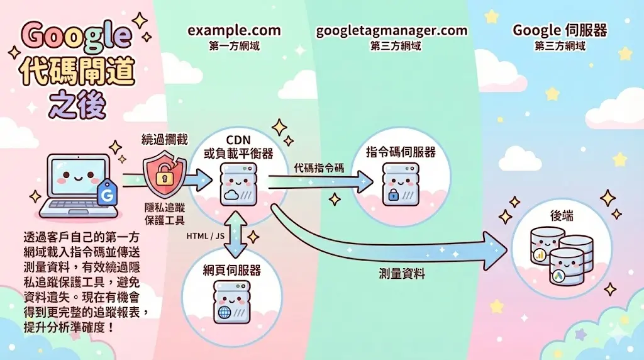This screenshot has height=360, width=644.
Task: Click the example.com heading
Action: tap(234, 30)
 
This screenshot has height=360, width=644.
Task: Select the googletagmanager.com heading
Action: tap(392, 30)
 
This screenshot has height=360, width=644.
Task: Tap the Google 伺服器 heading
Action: tap(551, 30)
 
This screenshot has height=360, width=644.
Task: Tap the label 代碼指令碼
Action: tap(319, 168)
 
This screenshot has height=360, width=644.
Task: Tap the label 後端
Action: tap(563, 216)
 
